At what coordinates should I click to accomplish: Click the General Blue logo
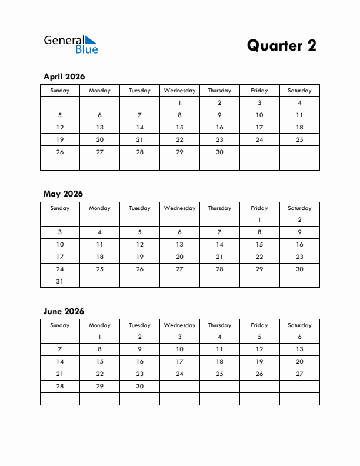[x=71, y=44]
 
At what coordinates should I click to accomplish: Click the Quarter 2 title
[x=281, y=45]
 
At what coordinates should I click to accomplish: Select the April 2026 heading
[x=64, y=76]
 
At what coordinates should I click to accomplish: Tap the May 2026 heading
[x=63, y=194]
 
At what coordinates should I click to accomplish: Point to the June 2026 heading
[x=64, y=311]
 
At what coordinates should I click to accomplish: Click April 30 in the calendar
[x=219, y=152]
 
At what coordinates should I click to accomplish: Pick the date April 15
[x=179, y=127]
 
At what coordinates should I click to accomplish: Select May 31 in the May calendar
[x=59, y=281]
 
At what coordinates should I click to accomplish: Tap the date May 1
[x=259, y=220]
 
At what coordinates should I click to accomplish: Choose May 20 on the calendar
[x=179, y=257]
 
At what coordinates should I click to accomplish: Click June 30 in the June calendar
[x=139, y=387]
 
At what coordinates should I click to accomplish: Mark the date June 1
[x=99, y=337]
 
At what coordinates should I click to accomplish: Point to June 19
[x=259, y=362]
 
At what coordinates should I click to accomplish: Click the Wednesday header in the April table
[x=179, y=91]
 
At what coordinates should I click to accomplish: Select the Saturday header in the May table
[x=299, y=208]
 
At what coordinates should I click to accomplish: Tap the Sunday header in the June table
[x=59, y=325]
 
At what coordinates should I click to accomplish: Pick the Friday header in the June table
[x=259, y=325]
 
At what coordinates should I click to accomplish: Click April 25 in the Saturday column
[x=299, y=139]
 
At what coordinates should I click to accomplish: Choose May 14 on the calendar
[x=219, y=244]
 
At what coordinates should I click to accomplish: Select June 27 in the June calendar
[x=299, y=374]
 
